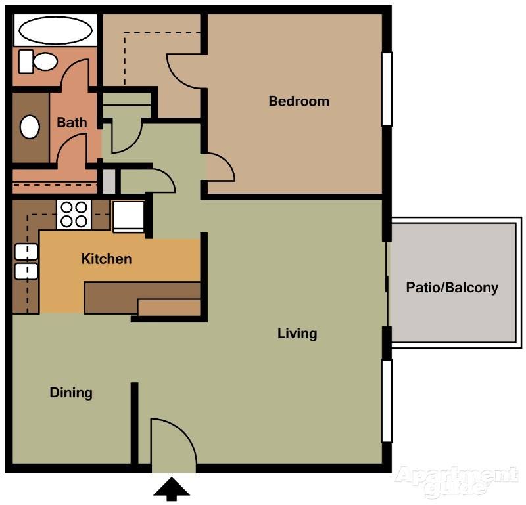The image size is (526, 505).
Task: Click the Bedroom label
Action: click(299, 101)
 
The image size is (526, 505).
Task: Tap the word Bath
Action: click(71, 122)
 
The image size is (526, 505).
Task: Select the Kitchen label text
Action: click(106, 259)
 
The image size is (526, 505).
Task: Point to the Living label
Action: click(297, 334)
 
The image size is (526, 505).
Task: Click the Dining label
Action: click(71, 393)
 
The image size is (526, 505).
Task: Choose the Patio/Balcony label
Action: click(452, 288)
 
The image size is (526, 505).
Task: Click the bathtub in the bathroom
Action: click(54, 30)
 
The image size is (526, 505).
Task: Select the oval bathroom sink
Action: click(30, 126)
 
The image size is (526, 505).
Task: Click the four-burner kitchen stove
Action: click(74, 213)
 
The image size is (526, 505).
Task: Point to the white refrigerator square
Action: click(128, 216)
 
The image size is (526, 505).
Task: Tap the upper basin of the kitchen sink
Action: click(25, 252)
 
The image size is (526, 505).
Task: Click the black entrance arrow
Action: click(172, 489)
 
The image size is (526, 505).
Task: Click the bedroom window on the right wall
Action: click(387, 89)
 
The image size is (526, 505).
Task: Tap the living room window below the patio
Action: click(387, 401)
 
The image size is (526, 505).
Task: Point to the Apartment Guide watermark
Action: click(457, 481)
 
